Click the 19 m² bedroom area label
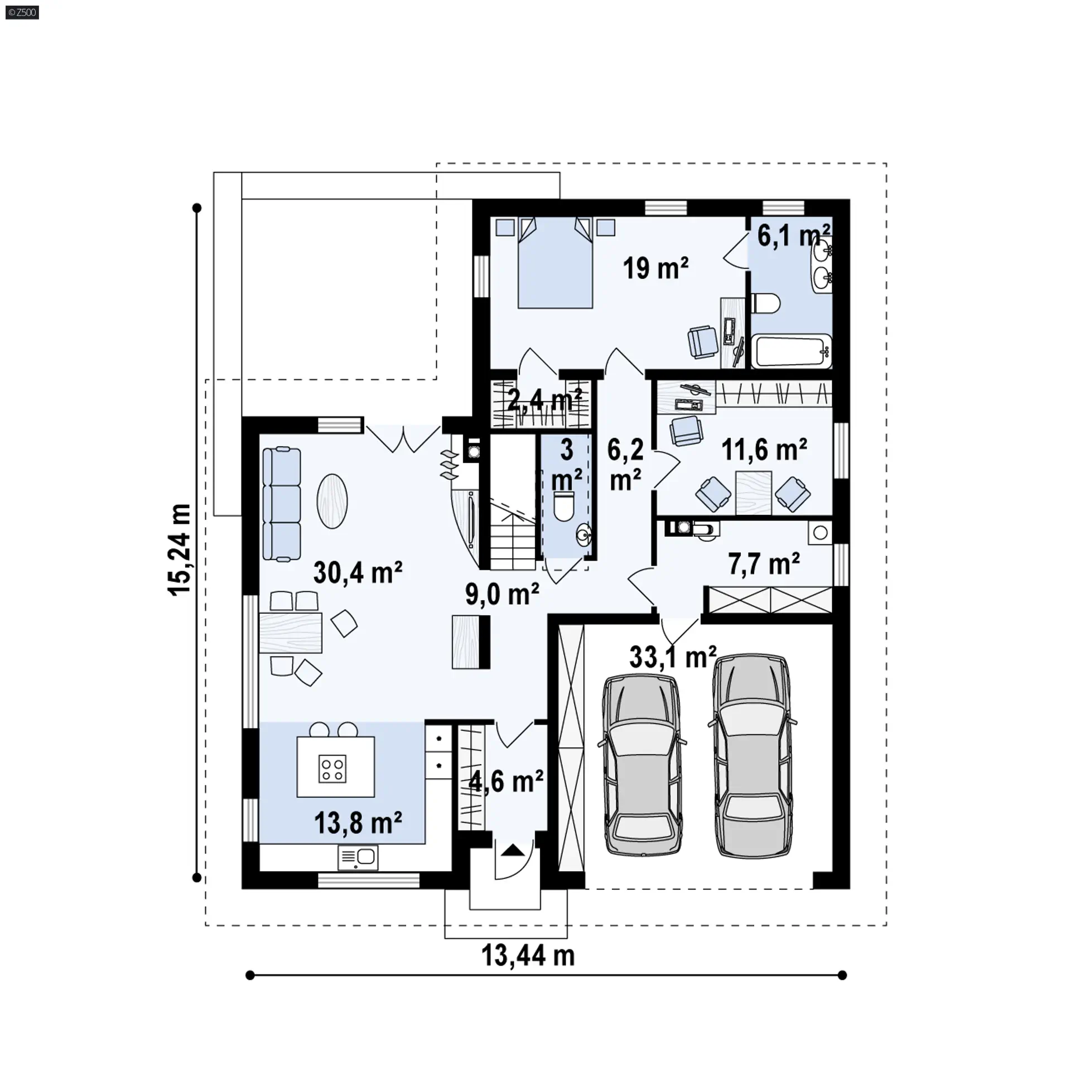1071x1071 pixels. point(655,269)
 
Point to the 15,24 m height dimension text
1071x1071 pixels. point(181,550)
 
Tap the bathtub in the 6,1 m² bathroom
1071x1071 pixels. point(792,351)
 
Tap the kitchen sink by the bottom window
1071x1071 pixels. point(358,857)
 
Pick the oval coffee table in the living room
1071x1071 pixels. point(332,501)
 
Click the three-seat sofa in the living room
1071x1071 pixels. point(281,504)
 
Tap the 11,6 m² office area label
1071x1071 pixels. point(764,450)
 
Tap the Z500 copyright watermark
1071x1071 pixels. point(22,12)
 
